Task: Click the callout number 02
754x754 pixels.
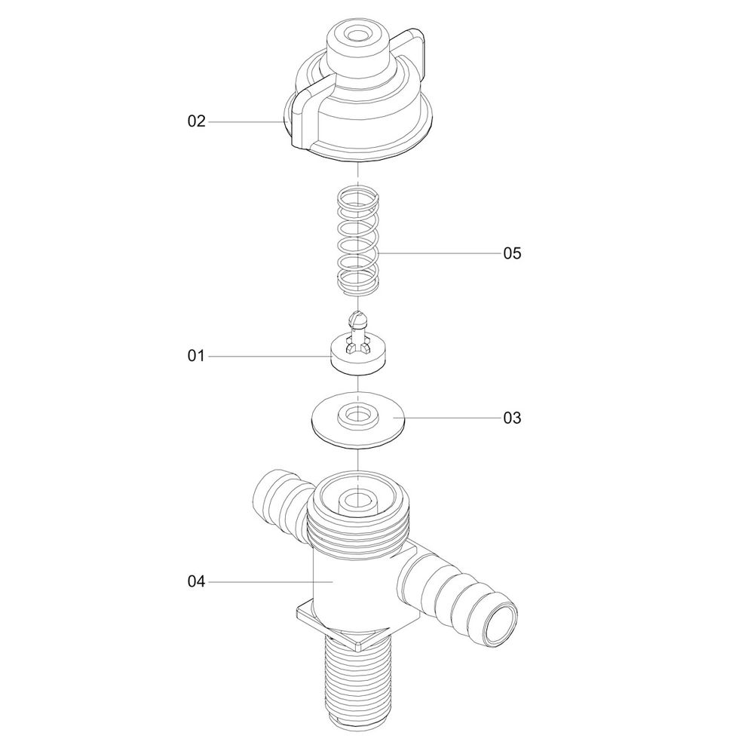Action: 196,121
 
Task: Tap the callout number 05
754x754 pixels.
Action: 512,253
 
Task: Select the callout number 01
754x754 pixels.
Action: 196,357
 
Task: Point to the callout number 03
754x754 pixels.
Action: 512,418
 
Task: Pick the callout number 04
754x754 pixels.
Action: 196,582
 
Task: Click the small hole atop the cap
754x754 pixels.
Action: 357,36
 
